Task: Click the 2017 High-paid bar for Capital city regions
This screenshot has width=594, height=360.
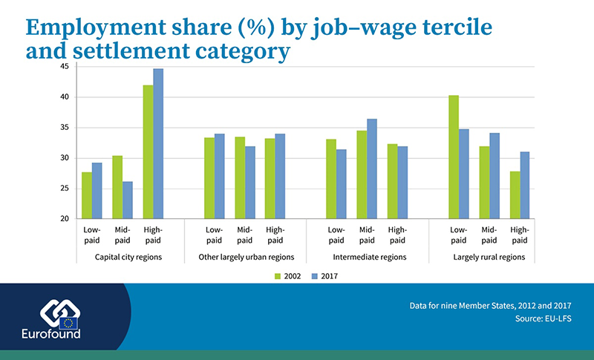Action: tap(157, 144)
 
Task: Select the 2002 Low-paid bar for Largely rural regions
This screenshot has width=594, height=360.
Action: tap(454, 157)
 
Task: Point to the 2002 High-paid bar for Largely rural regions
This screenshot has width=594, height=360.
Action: tap(515, 195)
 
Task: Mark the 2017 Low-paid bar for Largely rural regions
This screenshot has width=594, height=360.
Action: tap(463, 174)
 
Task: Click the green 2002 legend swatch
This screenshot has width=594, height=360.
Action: tap(279, 276)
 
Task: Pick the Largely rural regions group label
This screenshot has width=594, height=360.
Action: tap(489, 257)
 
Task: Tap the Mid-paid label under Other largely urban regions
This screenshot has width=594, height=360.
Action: tap(244, 235)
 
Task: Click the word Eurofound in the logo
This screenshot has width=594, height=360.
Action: tap(50, 333)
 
